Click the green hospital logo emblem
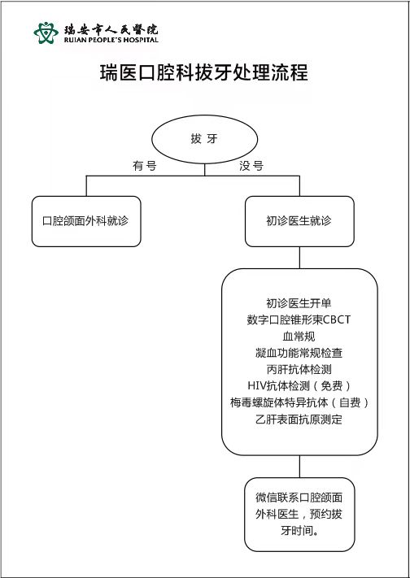coord(46,33)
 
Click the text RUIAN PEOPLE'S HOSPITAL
coord(111,40)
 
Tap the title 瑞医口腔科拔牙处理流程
coord(204,72)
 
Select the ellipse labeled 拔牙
coord(204,139)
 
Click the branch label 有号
coord(145,166)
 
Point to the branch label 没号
coord(251,166)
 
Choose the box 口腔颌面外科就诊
coord(86,221)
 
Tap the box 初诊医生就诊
coord(299,221)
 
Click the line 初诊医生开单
coord(299,303)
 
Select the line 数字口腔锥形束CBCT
coord(299,319)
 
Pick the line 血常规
coord(299,337)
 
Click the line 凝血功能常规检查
coord(299,353)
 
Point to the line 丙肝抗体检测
coord(299,369)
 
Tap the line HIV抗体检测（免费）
coord(299,386)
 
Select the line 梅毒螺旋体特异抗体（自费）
coord(299,402)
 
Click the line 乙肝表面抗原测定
coord(299,419)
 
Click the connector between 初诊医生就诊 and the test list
coord(299,258)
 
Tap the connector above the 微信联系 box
coord(299,467)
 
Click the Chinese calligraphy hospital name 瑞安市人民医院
coord(111,28)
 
